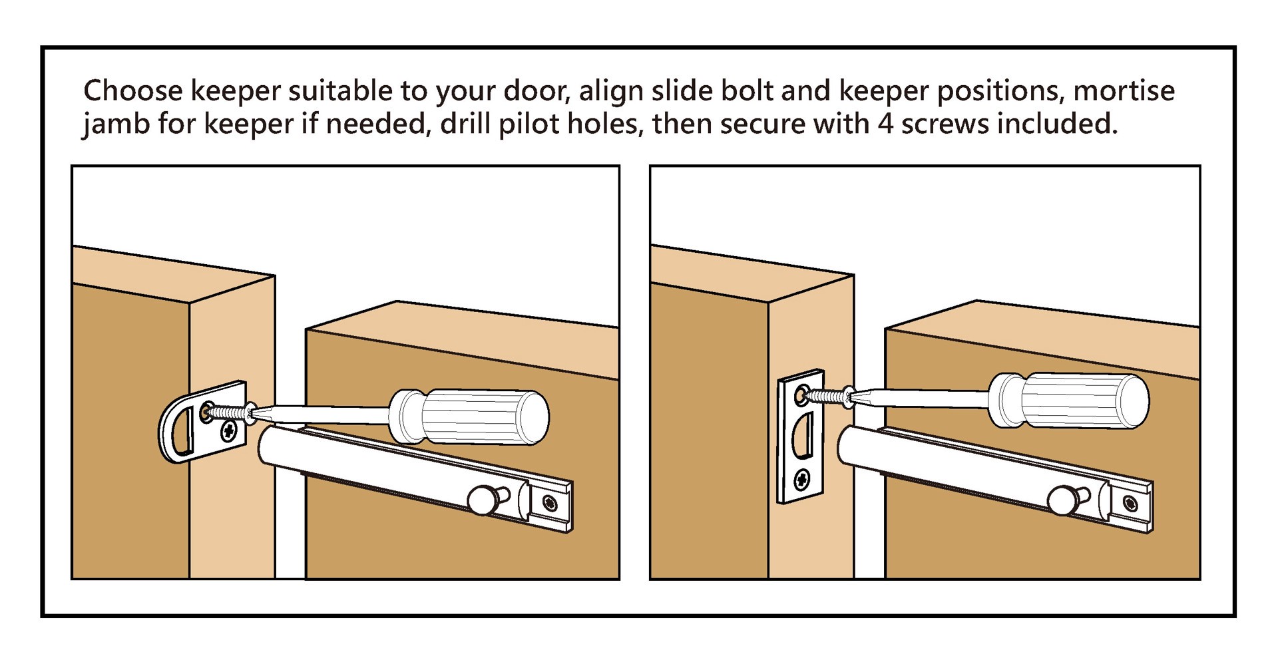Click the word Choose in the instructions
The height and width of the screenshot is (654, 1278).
(x=132, y=91)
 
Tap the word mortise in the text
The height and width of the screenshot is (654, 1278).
(x=1124, y=91)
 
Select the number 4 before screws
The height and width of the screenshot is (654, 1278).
(x=885, y=124)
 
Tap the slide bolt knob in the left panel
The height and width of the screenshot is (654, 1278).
(x=480, y=500)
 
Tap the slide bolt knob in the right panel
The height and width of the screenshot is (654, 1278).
(x=1060, y=500)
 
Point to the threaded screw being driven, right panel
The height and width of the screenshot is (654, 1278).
(x=825, y=396)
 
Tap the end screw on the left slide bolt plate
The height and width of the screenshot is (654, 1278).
(x=550, y=504)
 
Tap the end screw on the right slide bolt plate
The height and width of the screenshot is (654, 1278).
(x=1130, y=503)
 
